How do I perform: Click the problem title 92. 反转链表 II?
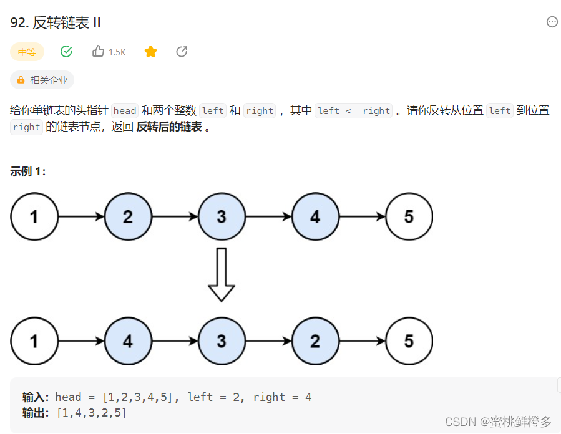coord(56,23)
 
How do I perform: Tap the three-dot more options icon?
coord(552,22)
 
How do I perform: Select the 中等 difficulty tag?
coord(27,52)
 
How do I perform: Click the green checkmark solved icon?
coord(66,52)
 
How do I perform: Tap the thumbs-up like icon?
coord(98,52)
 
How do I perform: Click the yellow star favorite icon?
coord(150,52)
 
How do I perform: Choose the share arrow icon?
coord(182,52)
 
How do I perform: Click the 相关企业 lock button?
coord(42,80)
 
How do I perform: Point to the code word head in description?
coord(125,111)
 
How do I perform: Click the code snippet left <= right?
coord(354,111)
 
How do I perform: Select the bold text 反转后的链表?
coord(169,127)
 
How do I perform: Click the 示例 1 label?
coord(28,171)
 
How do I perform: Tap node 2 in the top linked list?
coord(128,217)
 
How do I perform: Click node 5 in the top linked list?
coord(409,217)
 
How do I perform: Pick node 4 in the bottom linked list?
coord(128,341)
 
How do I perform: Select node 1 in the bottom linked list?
coord(34,341)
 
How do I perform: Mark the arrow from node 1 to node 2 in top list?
coord(81,217)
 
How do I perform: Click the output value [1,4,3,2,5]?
coord(91,412)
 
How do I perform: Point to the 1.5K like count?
coord(117,52)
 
